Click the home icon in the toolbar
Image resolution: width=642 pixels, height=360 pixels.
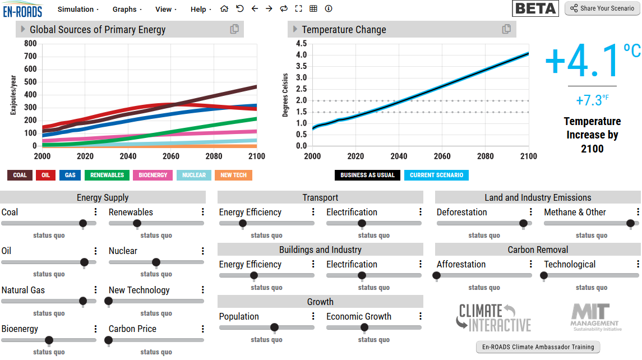224,9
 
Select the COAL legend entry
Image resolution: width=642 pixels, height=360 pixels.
20,175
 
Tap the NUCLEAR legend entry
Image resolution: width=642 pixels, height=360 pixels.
194,175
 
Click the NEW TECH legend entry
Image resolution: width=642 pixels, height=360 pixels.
233,175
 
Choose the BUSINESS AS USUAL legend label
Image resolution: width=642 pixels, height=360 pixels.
367,175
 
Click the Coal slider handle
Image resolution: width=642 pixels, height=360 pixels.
83,223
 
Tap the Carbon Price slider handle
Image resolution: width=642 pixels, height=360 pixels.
109,340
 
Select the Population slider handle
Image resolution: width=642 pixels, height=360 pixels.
274,327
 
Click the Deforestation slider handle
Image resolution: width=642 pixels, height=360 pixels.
523,223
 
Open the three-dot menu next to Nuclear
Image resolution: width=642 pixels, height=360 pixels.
203,251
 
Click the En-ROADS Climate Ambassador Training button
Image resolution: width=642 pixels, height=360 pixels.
538,347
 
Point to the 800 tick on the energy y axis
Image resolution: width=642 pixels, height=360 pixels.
30,44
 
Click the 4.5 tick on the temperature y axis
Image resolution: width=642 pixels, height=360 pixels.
301,44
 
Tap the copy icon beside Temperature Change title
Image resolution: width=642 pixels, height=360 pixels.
506,29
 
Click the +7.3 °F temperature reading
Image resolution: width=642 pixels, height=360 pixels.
592,100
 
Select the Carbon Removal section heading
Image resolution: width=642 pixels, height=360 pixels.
538,250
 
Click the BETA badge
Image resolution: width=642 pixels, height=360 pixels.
535,8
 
